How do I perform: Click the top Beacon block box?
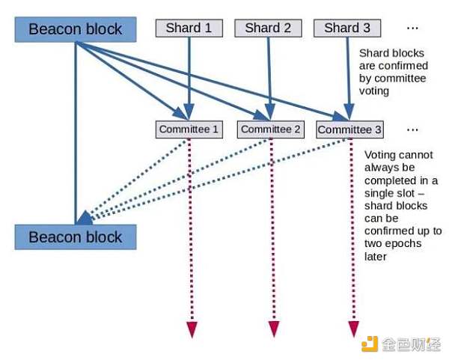point(76,29)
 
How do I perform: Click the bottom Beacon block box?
point(76,237)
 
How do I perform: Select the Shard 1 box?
point(189,28)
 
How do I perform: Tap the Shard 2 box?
point(268,28)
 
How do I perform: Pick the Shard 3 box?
point(347,28)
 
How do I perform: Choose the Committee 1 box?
point(189,129)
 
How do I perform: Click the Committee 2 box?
point(271,129)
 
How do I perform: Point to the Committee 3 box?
point(349,129)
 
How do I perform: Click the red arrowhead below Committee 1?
point(192,329)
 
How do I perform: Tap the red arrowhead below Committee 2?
point(274,329)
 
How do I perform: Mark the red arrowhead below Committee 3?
point(354,329)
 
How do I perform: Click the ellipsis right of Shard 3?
point(412,28)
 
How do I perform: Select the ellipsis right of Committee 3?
point(412,129)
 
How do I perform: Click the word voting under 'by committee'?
point(374,91)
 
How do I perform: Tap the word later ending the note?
point(376,256)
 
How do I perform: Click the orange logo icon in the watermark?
point(370,344)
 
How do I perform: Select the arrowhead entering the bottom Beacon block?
point(85,219)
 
